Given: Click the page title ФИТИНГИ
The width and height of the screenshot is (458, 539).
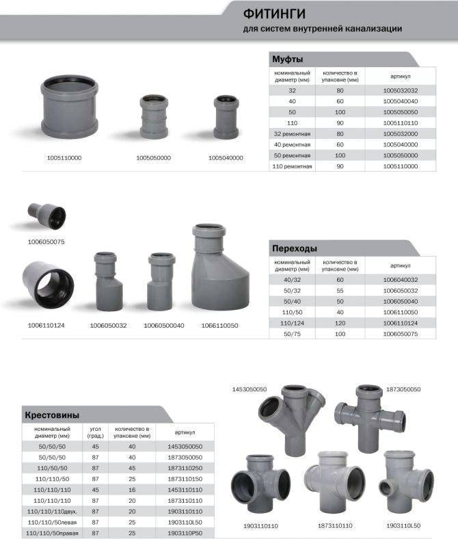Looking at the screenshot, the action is (274, 14).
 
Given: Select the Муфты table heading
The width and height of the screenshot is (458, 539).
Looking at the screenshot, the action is (288, 59).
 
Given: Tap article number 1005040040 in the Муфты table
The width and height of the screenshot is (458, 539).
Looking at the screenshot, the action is (401, 101).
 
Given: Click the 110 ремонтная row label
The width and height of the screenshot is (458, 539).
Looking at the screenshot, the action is (292, 166).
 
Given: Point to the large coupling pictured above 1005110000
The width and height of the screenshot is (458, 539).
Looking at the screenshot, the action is (70, 107).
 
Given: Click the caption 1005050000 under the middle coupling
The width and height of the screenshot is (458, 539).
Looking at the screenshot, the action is (153, 158).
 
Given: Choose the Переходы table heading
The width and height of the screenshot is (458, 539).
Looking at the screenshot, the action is (295, 248).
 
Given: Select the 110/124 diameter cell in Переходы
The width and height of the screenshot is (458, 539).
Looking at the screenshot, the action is (292, 323).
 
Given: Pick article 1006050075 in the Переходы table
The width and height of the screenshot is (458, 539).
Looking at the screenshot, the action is (401, 334).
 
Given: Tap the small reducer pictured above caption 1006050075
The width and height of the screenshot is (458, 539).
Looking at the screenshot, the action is (47, 216).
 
